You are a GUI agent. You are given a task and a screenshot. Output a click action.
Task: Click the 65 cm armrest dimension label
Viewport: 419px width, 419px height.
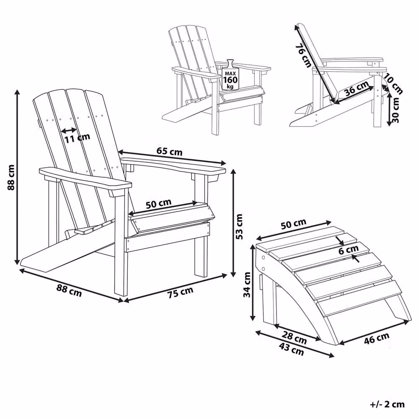(x=169, y=152)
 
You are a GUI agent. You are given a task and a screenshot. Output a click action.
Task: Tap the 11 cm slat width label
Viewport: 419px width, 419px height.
(x=78, y=138)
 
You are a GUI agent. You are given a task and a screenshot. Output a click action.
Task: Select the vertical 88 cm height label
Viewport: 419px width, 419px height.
(x=11, y=177)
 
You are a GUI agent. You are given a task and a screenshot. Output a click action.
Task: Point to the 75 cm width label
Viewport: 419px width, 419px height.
(x=180, y=292)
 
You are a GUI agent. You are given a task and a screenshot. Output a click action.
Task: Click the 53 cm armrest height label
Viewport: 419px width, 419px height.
(x=239, y=226)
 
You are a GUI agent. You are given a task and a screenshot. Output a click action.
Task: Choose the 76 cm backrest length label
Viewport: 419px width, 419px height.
(x=303, y=55)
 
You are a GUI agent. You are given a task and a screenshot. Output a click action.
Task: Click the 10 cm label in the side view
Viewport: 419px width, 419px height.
(x=393, y=84)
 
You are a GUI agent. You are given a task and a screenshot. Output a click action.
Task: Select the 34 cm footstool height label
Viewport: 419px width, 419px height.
(x=248, y=285)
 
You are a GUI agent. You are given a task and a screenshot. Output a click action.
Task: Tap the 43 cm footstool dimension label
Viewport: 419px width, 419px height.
(x=292, y=349)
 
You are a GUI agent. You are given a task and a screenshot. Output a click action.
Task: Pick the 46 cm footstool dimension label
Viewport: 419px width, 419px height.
(x=376, y=338)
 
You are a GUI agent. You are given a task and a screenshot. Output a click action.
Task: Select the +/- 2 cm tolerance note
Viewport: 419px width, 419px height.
(x=387, y=404)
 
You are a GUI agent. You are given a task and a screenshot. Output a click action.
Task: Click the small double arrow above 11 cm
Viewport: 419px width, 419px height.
(x=69, y=130)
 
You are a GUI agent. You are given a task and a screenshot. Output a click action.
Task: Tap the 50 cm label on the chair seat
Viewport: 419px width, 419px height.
(x=158, y=204)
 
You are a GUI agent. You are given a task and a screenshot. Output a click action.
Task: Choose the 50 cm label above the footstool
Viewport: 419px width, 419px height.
(x=293, y=224)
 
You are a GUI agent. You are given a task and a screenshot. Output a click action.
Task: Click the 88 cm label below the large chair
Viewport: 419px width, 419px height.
(x=69, y=291)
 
